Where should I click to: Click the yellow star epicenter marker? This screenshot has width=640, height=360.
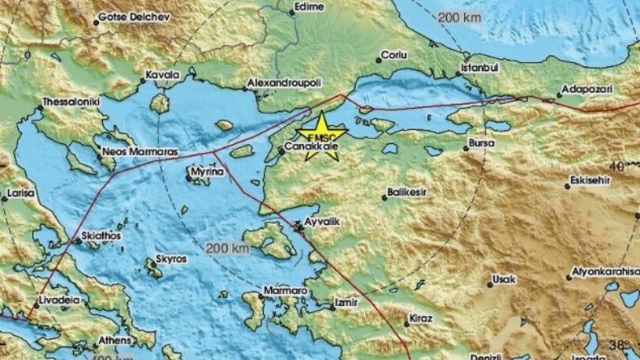point(321,133)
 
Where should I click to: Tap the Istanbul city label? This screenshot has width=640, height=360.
point(479,66)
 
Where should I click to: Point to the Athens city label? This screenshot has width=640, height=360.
point(115,340)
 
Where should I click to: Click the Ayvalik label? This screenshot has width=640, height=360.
point(322,222)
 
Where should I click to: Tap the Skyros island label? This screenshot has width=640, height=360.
point(170,259)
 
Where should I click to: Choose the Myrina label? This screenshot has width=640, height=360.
point(201,173)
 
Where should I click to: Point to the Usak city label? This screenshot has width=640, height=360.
point(503,280)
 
